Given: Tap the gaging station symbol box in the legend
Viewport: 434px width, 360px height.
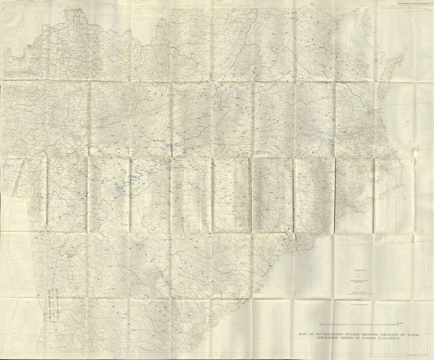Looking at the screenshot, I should pyautogui.click(x=359, y=276).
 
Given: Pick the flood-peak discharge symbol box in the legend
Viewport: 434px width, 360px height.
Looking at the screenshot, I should pyautogui.click(x=359, y=289).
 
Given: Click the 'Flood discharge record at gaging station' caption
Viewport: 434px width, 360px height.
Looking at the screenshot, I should pyautogui.click(x=359, y=281).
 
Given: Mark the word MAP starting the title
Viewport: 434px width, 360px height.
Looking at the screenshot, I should pyautogui.click(x=303, y=335).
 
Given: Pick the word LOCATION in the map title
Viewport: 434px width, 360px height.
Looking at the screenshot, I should pyautogui.click(x=387, y=335).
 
